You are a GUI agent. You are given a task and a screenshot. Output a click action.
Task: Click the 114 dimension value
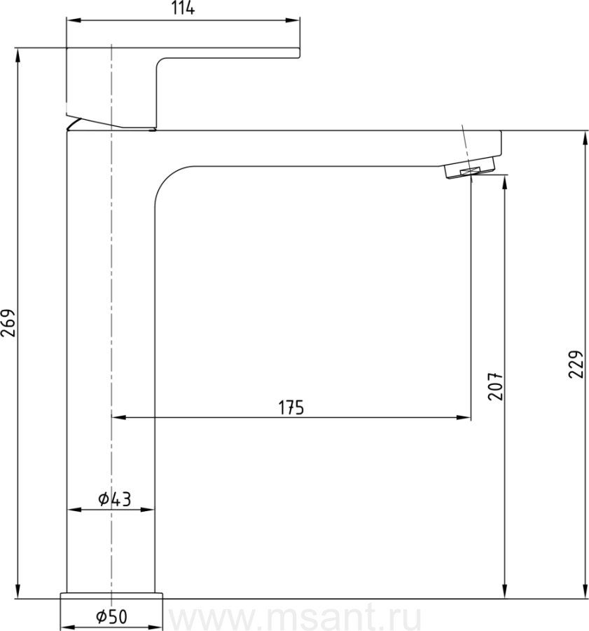point(183,8)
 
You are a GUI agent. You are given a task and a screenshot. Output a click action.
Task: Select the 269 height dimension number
point(8,323)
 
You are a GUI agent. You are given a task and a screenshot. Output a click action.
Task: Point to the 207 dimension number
point(495,386)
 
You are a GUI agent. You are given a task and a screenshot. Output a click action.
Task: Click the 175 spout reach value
point(291,407)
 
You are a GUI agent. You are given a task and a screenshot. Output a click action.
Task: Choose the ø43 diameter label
point(115,499)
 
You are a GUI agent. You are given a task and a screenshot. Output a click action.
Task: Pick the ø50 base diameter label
point(111,616)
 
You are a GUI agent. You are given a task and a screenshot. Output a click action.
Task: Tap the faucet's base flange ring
point(111,595)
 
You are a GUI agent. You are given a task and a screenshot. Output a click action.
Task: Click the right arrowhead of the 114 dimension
point(293,20)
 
